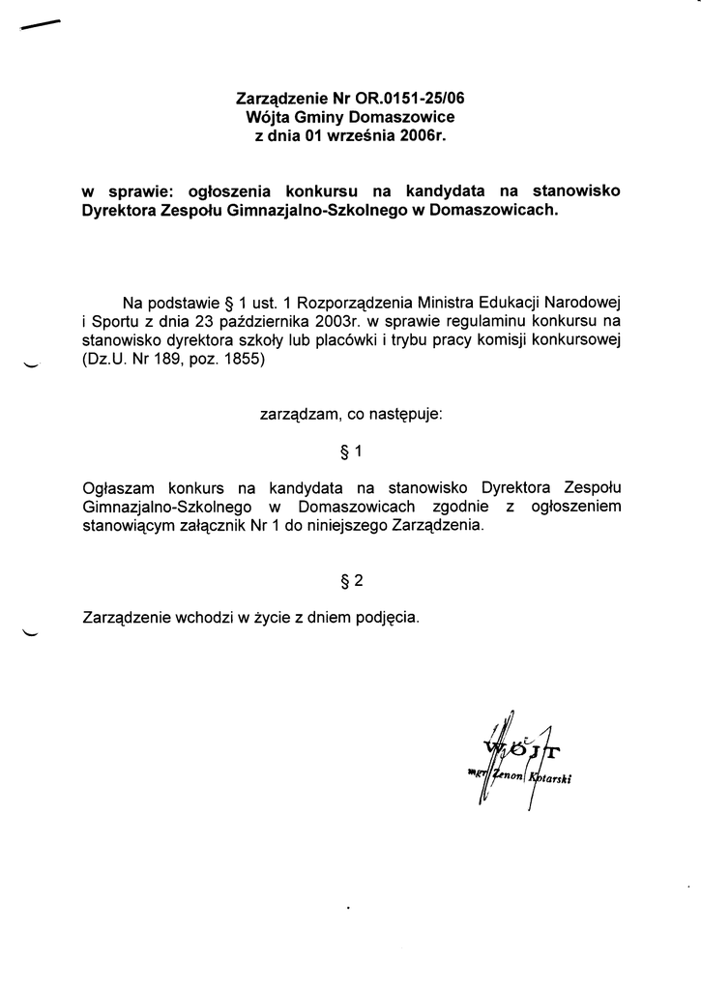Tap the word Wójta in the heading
pos(267,116)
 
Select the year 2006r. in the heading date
pos(425,135)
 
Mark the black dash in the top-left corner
pos(39,28)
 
